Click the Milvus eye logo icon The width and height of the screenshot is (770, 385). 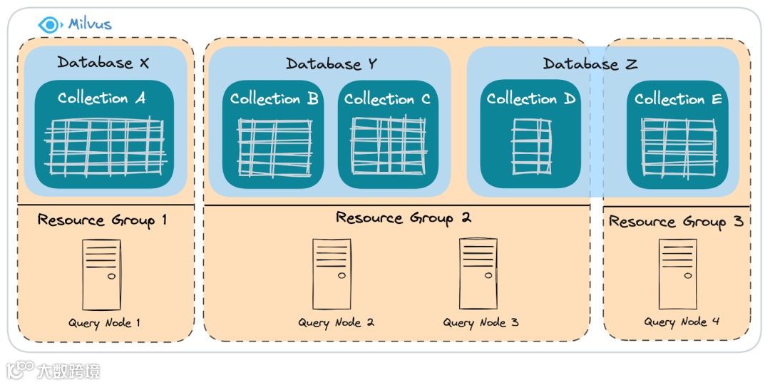[x=49, y=24]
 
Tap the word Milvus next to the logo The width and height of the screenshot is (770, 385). [x=90, y=24]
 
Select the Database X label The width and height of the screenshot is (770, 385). [x=103, y=63]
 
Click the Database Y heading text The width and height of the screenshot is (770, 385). [x=331, y=64]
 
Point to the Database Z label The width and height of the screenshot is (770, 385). [x=590, y=64]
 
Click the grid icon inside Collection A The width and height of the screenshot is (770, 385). [x=105, y=148]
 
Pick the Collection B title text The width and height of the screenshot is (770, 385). [x=274, y=99]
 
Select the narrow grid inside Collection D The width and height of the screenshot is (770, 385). [x=531, y=146]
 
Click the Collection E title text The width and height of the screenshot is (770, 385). [x=678, y=99]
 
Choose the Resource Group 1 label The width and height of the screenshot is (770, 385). [x=102, y=220]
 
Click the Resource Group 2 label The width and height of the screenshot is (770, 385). [x=404, y=218]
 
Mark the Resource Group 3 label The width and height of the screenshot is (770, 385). [x=675, y=222]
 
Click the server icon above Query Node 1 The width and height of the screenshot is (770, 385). [x=102, y=274]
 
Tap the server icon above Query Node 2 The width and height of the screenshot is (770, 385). [x=332, y=274]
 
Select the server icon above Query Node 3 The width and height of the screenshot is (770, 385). [x=478, y=274]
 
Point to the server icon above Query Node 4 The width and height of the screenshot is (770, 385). [x=677, y=274]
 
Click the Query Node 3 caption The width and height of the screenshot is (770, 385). [x=481, y=323]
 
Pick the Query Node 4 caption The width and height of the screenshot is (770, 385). [x=682, y=322]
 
